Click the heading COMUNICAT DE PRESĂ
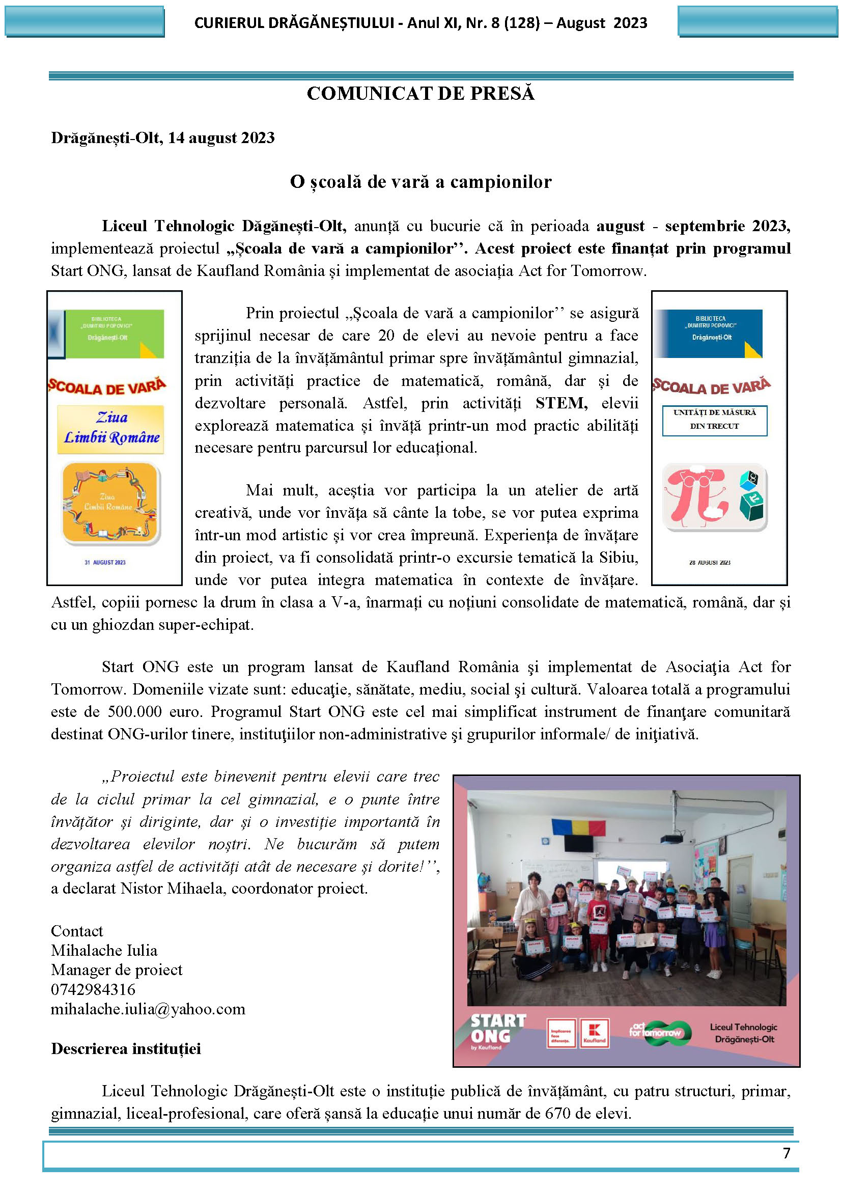tap(420, 93)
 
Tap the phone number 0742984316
tap(93, 989)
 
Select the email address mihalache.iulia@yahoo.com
tap(148, 1009)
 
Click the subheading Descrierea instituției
tap(126, 1048)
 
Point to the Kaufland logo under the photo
tap(594, 1033)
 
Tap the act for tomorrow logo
tap(659, 1031)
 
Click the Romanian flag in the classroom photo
tap(579, 827)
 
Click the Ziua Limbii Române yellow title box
tap(111, 428)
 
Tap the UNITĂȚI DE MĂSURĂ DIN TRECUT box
tap(714, 420)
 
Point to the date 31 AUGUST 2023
tap(105, 562)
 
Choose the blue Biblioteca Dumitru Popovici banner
tap(710, 333)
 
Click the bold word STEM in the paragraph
tap(561, 403)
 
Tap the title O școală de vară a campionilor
tap(420, 182)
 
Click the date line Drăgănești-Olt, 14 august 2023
tap(163, 137)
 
